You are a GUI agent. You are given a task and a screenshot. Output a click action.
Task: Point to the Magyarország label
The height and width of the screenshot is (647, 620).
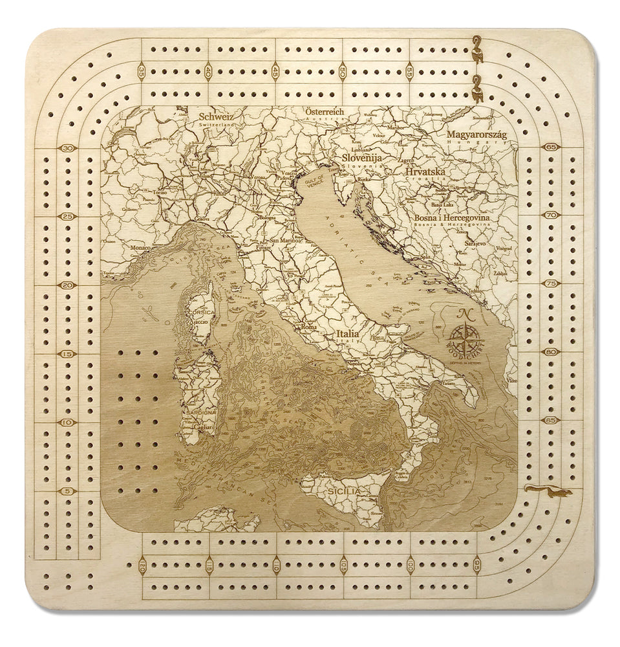pos(476,134)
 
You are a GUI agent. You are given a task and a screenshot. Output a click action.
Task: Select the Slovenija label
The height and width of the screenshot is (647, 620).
pos(363,157)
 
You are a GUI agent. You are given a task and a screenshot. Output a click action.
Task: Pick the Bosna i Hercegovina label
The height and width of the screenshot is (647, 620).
pos(452,218)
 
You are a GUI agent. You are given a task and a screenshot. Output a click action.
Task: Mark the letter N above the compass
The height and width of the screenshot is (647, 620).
pos(464,315)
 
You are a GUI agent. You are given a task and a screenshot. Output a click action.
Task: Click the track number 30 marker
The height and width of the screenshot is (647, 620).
pos(67,148)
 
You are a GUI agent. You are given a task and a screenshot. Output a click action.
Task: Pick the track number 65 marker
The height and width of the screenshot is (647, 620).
pos(551,147)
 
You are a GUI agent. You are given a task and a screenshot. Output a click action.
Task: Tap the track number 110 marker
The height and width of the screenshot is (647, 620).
pos(276,565)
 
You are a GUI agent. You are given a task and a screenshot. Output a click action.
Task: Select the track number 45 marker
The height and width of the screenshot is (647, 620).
pos(276,71)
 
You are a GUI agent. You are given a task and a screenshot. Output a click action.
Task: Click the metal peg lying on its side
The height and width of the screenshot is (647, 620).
pos(548,492)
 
